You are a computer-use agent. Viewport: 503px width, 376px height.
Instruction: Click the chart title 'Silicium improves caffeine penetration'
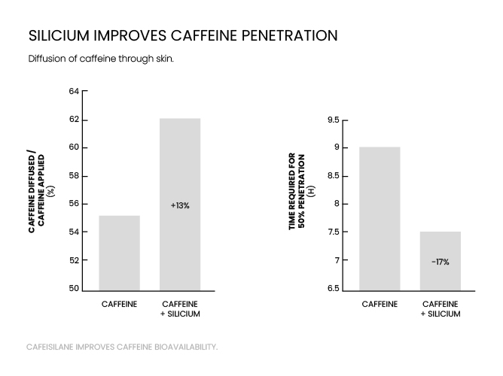tap(182, 35)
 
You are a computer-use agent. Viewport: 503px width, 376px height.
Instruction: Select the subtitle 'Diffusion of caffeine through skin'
tap(101, 59)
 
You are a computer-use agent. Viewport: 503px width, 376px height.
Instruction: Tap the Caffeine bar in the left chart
tap(120, 252)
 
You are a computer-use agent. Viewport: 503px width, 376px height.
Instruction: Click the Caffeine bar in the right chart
tap(380, 218)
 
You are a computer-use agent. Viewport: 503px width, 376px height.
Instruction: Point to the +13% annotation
tap(180, 205)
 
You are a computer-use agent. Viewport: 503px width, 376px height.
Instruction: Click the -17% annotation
tap(441, 262)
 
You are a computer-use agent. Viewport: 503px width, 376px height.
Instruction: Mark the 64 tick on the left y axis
tap(74, 92)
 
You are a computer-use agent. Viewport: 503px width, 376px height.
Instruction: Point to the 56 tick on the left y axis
tap(74, 204)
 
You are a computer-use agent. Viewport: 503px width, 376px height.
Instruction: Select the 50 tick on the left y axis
tap(74, 289)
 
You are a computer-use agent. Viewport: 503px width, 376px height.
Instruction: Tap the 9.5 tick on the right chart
tap(333, 120)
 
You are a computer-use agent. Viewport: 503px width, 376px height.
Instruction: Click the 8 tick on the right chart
tap(337, 204)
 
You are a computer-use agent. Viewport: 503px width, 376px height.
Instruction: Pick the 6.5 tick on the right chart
tap(333, 289)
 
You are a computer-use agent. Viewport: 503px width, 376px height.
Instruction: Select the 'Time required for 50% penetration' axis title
tap(300, 191)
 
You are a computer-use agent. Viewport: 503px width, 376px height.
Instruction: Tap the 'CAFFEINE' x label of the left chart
tap(120, 304)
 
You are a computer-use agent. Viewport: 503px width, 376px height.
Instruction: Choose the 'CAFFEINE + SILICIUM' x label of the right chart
tap(441, 308)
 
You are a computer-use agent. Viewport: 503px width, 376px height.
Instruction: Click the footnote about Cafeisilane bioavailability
tap(122, 347)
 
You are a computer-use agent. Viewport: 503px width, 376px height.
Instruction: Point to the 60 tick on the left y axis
tap(74, 148)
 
